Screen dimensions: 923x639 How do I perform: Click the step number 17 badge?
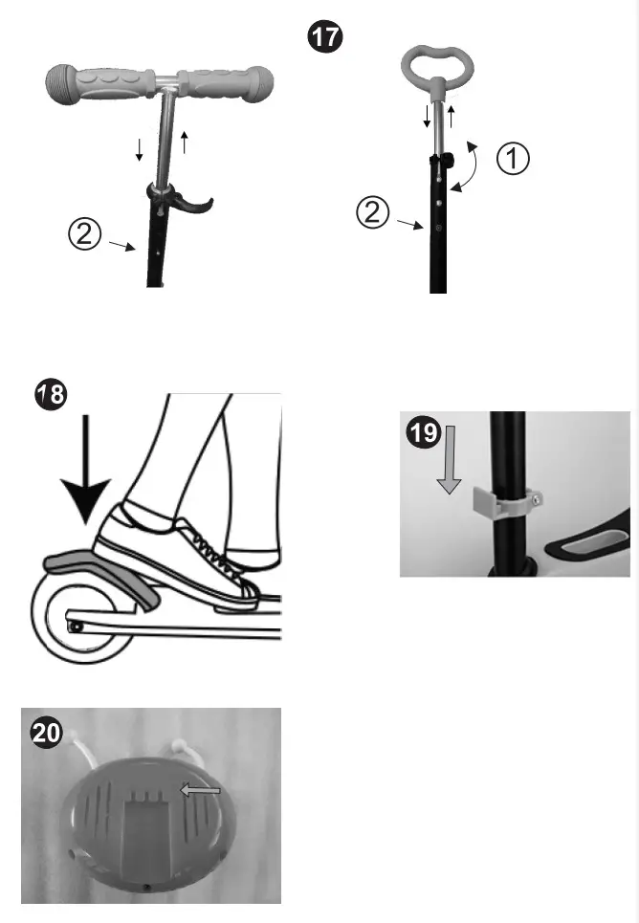click(323, 39)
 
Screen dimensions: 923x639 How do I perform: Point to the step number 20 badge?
click(45, 732)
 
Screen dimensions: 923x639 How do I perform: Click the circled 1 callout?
click(515, 160)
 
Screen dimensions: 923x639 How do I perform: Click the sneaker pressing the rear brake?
click(172, 555)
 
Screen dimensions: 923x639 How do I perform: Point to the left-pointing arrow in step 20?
click(202, 789)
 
